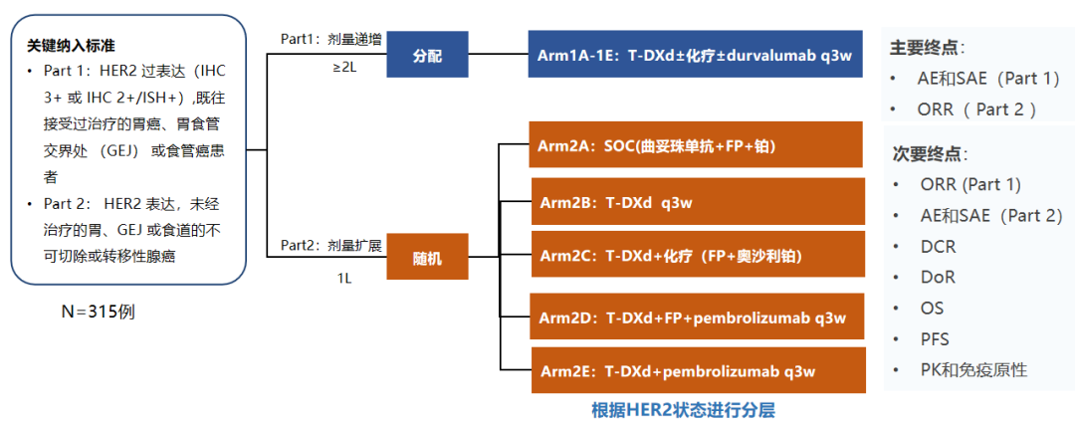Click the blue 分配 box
[427, 56]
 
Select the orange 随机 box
[427, 259]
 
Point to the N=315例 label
[99, 312]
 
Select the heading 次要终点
[930, 154]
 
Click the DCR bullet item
[939, 247]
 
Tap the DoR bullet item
[939, 278]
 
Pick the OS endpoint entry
[932, 309]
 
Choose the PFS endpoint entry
[935, 339]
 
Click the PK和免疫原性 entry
[973, 370]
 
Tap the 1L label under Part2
[343, 278]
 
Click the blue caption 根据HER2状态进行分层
[682, 409]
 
